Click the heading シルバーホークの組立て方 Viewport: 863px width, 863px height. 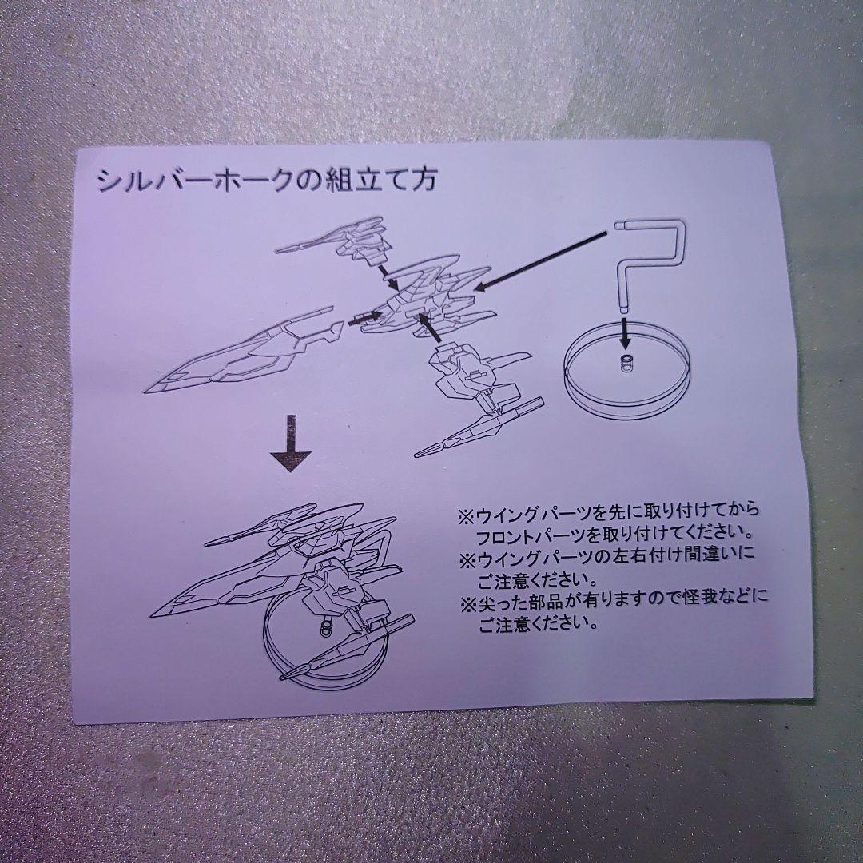(x=267, y=180)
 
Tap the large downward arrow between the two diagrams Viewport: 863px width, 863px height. (x=291, y=443)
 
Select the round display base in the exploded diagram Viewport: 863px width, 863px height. (x=627, y=373)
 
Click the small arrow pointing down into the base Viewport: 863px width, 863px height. (x=624, y=333)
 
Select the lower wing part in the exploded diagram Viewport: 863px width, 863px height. (x=478, y=397)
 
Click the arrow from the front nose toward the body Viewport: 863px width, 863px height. (x=364, y=317)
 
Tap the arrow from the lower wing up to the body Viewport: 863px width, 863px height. (x=430, y=328)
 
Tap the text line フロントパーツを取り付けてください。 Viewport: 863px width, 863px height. (x=614, y=534)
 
